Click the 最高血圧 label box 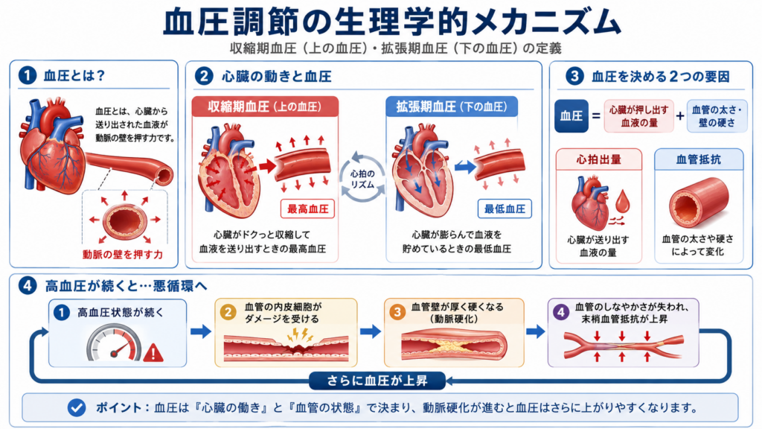coord(307,209)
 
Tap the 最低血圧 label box coord(505,209)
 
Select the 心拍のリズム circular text coord(362,179)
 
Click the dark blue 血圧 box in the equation coord(571,115)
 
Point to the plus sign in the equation coord(680,115)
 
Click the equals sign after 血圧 coord(596,116)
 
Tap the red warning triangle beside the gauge coord(153,352)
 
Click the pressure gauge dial coord(114,343)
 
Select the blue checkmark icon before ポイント coord(77,407)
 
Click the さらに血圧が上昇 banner coord(377,381)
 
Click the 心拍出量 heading coord(599,159)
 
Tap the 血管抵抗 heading coord(698,159)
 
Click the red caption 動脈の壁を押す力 coord(123,255)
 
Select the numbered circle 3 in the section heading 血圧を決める coord(575,77)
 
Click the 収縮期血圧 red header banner coord(265,107)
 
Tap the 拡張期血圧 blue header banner coord(452,107)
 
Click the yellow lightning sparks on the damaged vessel coord(299,334)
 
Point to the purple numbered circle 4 coord(561,312)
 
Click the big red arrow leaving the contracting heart coord(267,166)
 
